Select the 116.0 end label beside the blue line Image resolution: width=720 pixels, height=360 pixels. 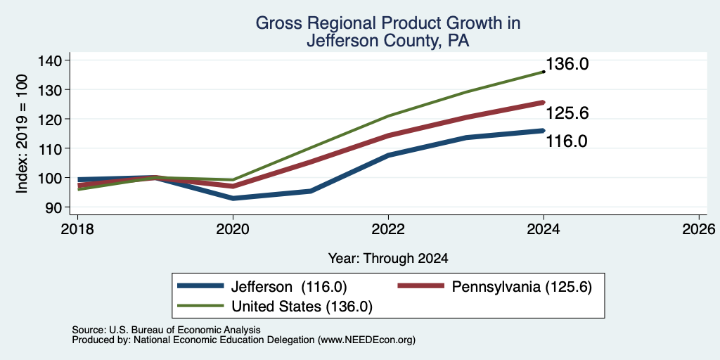coord(566,141)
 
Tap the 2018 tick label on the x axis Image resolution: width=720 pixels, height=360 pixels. coord(77,229)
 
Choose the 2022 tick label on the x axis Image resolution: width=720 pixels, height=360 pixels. coord(388,229)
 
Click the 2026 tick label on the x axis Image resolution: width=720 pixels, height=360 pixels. coord(699,229)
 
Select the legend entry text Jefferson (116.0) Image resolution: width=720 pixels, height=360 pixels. coord(288,287)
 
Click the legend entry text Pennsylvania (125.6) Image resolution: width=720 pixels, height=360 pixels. coord(522,287)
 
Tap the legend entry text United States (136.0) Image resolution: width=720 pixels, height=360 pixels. coord(302,307)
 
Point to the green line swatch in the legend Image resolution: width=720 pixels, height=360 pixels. coord(200,305)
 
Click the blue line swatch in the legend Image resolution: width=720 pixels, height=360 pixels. coord(200,285)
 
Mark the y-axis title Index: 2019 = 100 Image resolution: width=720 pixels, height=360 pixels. coord(22,134)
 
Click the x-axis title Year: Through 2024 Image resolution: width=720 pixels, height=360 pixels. coord(388,259)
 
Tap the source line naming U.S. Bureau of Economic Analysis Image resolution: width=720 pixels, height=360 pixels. coord(166,330)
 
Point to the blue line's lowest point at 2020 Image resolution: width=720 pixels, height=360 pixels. coord(233,198)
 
